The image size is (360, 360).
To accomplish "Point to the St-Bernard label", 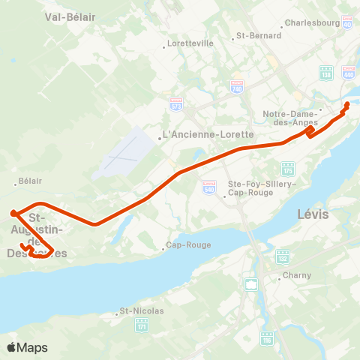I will pos(258,35).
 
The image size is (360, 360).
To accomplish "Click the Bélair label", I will pos(30,181).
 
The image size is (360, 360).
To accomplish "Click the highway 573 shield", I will pos(176,101).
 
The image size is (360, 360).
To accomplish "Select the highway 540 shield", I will pos(209,186).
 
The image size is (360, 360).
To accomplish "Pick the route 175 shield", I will pos(288,167).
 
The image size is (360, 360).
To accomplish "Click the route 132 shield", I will pos(283,256).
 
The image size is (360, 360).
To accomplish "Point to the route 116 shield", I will pos(266,339).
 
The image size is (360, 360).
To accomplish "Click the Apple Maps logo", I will pos(27,347).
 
